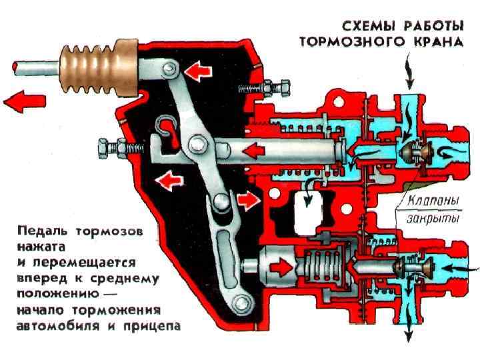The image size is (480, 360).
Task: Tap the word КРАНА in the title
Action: (437, 41)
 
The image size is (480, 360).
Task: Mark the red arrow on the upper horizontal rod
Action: (255, 149)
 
